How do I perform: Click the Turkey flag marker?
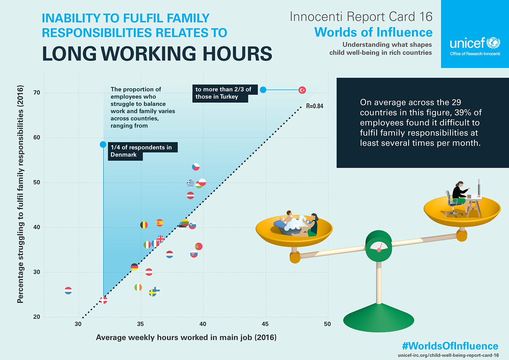[302, 90]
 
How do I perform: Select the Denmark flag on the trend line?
[104, 300]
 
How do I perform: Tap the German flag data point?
[135, 267]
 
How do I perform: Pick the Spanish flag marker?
[160, 223]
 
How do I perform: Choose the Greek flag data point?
[191, 183]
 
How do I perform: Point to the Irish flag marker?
[138, 287]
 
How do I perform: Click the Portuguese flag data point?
[199, 246]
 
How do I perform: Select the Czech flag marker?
[196, 167]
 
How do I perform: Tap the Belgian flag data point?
[144, 225]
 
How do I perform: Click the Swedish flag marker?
[152, 293]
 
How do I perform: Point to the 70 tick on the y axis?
[37, 93]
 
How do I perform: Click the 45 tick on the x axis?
[265, 324]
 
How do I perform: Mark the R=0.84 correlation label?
[314, 106]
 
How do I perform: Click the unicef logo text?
[468, 44]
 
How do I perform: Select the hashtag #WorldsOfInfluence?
[450, 346]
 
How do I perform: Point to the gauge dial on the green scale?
[379, 247]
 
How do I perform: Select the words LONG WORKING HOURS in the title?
[157, 53]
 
